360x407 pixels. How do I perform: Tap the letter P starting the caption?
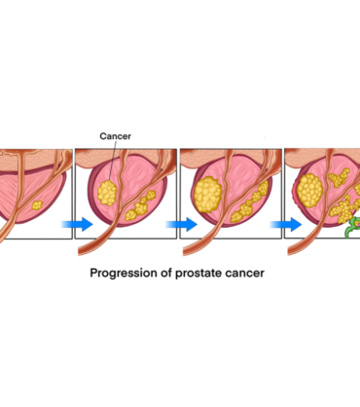(x=93, y=273)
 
